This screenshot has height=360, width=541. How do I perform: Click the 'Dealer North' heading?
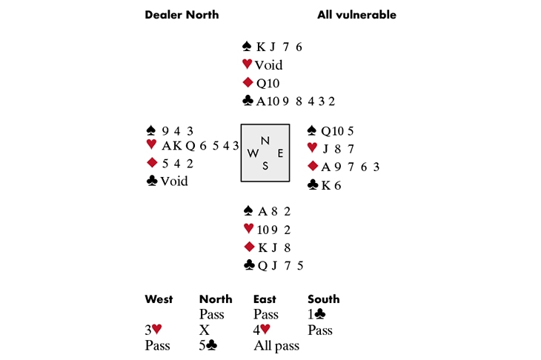pyautogui.click(x=182, y=15)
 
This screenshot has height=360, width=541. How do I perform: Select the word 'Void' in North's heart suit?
pyautogui.click(x=268, y=65)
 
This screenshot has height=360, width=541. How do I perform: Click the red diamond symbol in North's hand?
pyautogui.click(x=248, y=83)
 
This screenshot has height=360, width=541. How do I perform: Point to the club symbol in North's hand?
pyautogui.click(x=248, y=101)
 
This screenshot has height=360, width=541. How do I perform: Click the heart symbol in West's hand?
pyautogui.click(x=151, y=144)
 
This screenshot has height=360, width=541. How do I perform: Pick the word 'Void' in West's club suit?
pyautogui.click(x=174, y=181)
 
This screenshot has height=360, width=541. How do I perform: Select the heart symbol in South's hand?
pyautogui.click(x=248, y=228)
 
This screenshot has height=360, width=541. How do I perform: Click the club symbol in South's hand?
pyautogui.click(x=248, y=264)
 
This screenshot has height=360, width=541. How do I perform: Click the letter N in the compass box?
pyautogui.click(x=265, y=141)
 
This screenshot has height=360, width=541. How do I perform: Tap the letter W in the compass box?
pyautogui.click(x=253, y=153)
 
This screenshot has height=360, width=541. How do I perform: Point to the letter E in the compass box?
pyautogui.click(x=279, y=153)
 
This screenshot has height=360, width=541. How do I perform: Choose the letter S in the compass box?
pyautogui.click(x=265, y=165)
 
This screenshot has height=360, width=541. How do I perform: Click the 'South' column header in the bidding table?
pyautogui.click(x=323, y=299)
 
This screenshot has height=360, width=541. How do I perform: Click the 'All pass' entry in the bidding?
pyautogui.click(x=276, y=346)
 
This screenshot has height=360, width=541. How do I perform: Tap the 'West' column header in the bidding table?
pyautogui.click(x=159, y=299)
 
